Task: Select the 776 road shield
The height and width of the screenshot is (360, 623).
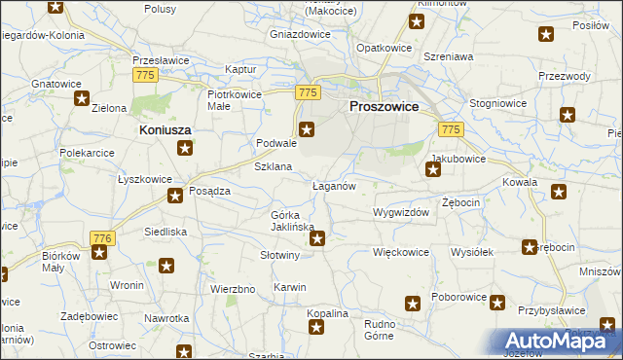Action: (x=101, y=237)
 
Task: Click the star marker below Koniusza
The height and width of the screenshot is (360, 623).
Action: (x=185, y=149)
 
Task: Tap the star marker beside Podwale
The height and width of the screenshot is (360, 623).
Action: (x=307, y=129)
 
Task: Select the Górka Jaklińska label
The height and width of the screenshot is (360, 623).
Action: (x=291, y=220)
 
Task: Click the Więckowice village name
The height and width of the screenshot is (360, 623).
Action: (x=401, y=251)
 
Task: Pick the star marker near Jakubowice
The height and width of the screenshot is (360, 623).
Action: (x=434, y=171)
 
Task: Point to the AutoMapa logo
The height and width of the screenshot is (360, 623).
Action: (x=556, y=342)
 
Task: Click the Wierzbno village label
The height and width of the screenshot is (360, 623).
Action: (x=233, y=289)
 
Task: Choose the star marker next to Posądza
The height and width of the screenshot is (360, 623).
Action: (x=175, y=197)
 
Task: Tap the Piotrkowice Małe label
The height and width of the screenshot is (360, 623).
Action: (x=231, y=100)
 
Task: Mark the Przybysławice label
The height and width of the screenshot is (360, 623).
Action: (x=552, y=309)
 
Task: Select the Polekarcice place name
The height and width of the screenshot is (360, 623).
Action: (x=88, y=153)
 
